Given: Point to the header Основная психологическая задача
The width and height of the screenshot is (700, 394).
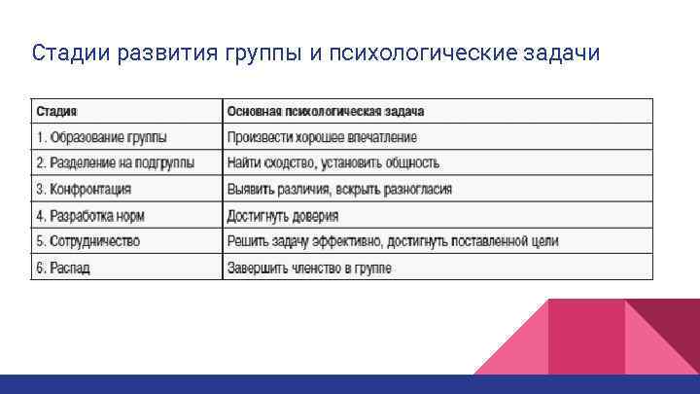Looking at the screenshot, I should click(326, 111).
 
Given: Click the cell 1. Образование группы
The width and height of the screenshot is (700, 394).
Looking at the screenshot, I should click(102, 136).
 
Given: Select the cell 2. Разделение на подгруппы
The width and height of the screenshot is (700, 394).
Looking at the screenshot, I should click(115, 162).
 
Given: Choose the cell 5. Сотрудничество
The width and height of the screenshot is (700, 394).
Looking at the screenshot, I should click(88, 241).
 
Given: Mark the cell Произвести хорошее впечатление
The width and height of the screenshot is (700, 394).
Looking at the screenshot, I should click(322, 136).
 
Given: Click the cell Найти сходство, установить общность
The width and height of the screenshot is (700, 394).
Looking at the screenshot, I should click(333, 162).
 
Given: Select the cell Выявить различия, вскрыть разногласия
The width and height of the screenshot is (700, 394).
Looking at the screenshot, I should click(339, 189).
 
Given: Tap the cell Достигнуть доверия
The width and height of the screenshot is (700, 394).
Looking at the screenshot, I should click(283, 215).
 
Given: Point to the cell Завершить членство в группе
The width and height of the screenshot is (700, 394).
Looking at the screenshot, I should click(309, 268).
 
